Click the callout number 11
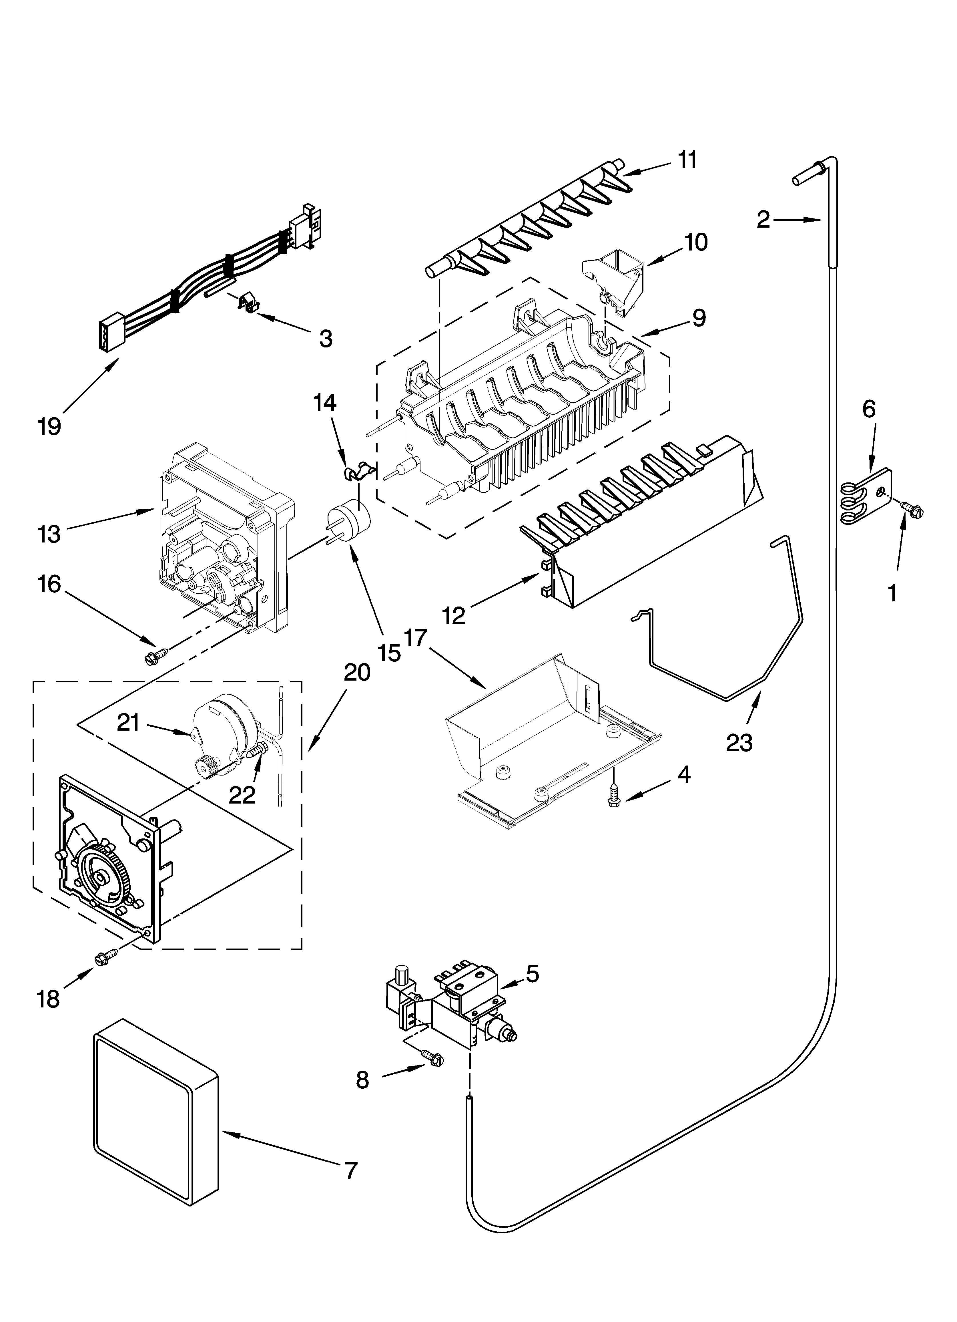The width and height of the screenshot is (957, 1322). (688, 160)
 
